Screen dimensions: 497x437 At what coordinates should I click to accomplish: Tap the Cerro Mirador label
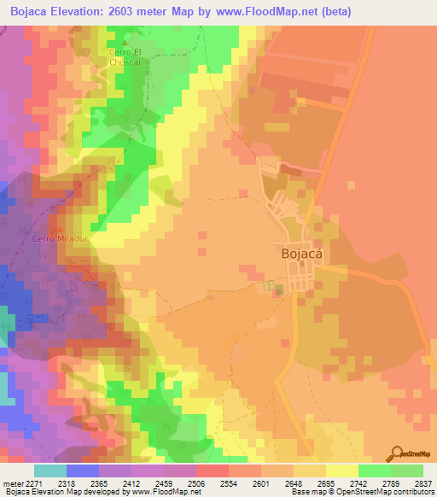click(61, 238)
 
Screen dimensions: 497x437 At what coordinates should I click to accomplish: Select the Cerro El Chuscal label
click(131, 56)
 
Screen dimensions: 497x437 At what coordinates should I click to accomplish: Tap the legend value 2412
click(124, 482)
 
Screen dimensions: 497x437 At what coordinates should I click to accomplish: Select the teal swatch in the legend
click(50, 470)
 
